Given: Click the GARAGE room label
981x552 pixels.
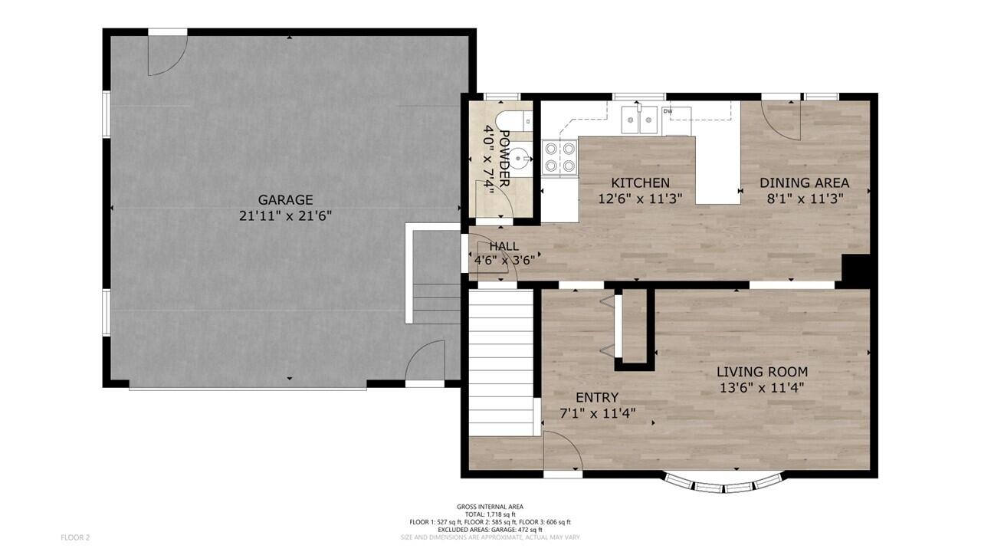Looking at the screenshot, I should coord(285,200).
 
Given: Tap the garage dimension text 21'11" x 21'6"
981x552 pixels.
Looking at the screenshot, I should coord(285,217).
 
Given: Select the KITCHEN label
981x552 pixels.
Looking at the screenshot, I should coord(640,183).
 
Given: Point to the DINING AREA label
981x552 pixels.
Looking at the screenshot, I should coord(804,183).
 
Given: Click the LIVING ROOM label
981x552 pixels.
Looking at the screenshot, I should coord(762,372).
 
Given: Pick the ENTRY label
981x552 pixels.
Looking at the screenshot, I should coord(597,397).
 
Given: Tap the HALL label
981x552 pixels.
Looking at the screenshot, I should coord(504,246).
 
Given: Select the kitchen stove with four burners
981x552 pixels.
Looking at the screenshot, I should coord(559,157).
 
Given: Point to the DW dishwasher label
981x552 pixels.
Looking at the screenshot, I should coord(668,112).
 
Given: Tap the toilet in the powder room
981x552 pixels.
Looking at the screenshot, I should coord(512,121).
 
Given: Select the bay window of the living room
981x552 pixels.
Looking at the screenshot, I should coord(724,484).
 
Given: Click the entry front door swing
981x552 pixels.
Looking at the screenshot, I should coord(563,451).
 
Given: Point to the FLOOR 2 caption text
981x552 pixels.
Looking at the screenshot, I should coord(75,537).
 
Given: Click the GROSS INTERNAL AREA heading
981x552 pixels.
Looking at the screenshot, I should coord(490,507).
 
